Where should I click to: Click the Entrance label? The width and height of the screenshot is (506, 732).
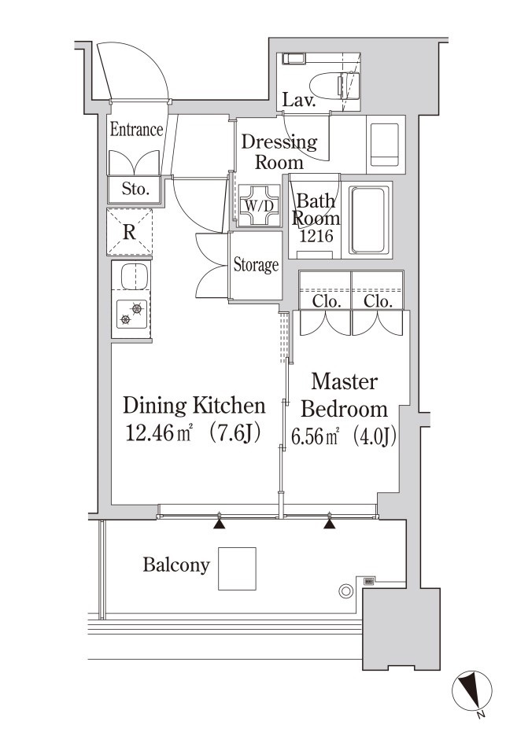click(x=136, y=129)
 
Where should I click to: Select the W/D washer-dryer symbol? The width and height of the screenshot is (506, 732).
click(x=260, y=205)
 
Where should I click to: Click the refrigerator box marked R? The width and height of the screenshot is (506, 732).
click(x=129, y=232)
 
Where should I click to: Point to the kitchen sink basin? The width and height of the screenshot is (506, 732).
click(x=135, y=275)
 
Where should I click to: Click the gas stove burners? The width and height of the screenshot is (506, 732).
click(x=131, y=313)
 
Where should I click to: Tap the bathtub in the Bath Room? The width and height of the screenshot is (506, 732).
click(x=369, y=220)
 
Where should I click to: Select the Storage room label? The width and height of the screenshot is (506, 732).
click(x=256, y=265)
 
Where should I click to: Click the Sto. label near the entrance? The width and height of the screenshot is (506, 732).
click(x=135, y=189)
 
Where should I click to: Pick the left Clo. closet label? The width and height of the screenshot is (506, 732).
click(x=326, y=301)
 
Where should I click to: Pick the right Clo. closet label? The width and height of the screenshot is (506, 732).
click(x=378, y=301)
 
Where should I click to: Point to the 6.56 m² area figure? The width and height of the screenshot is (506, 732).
click(x=315, y=437)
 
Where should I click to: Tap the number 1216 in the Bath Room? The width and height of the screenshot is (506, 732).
click(x=316, y=236)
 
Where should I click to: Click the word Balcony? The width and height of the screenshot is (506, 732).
click(x=176, y=565)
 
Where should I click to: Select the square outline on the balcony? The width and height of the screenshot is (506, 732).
click(x=237, y=568)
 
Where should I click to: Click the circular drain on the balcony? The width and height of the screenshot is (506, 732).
click(x=345, y=591)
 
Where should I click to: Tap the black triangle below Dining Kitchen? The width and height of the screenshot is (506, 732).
click(x=219, y=524)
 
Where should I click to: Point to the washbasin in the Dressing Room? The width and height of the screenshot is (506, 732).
click(x=385, y=145)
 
